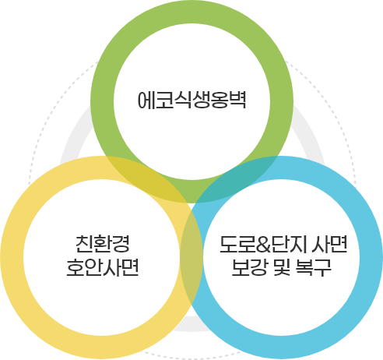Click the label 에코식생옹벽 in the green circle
(x=191, y=100)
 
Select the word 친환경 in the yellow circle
(x=103, y=244)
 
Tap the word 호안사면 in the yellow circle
(x=103, y=267)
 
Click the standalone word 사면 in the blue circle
(x=329, y=244)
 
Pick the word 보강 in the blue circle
(x=249, y=267)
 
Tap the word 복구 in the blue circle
(x=314, y=267)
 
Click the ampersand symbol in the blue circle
(x=263, y=245)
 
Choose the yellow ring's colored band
(x=12, y=258)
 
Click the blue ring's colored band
(x=371, y=258)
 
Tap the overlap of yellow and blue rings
(x=191, y=257)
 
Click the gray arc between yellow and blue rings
(x=191, y=324)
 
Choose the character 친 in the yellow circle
(x=84, y=244)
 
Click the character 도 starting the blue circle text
(x=228, y=244)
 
